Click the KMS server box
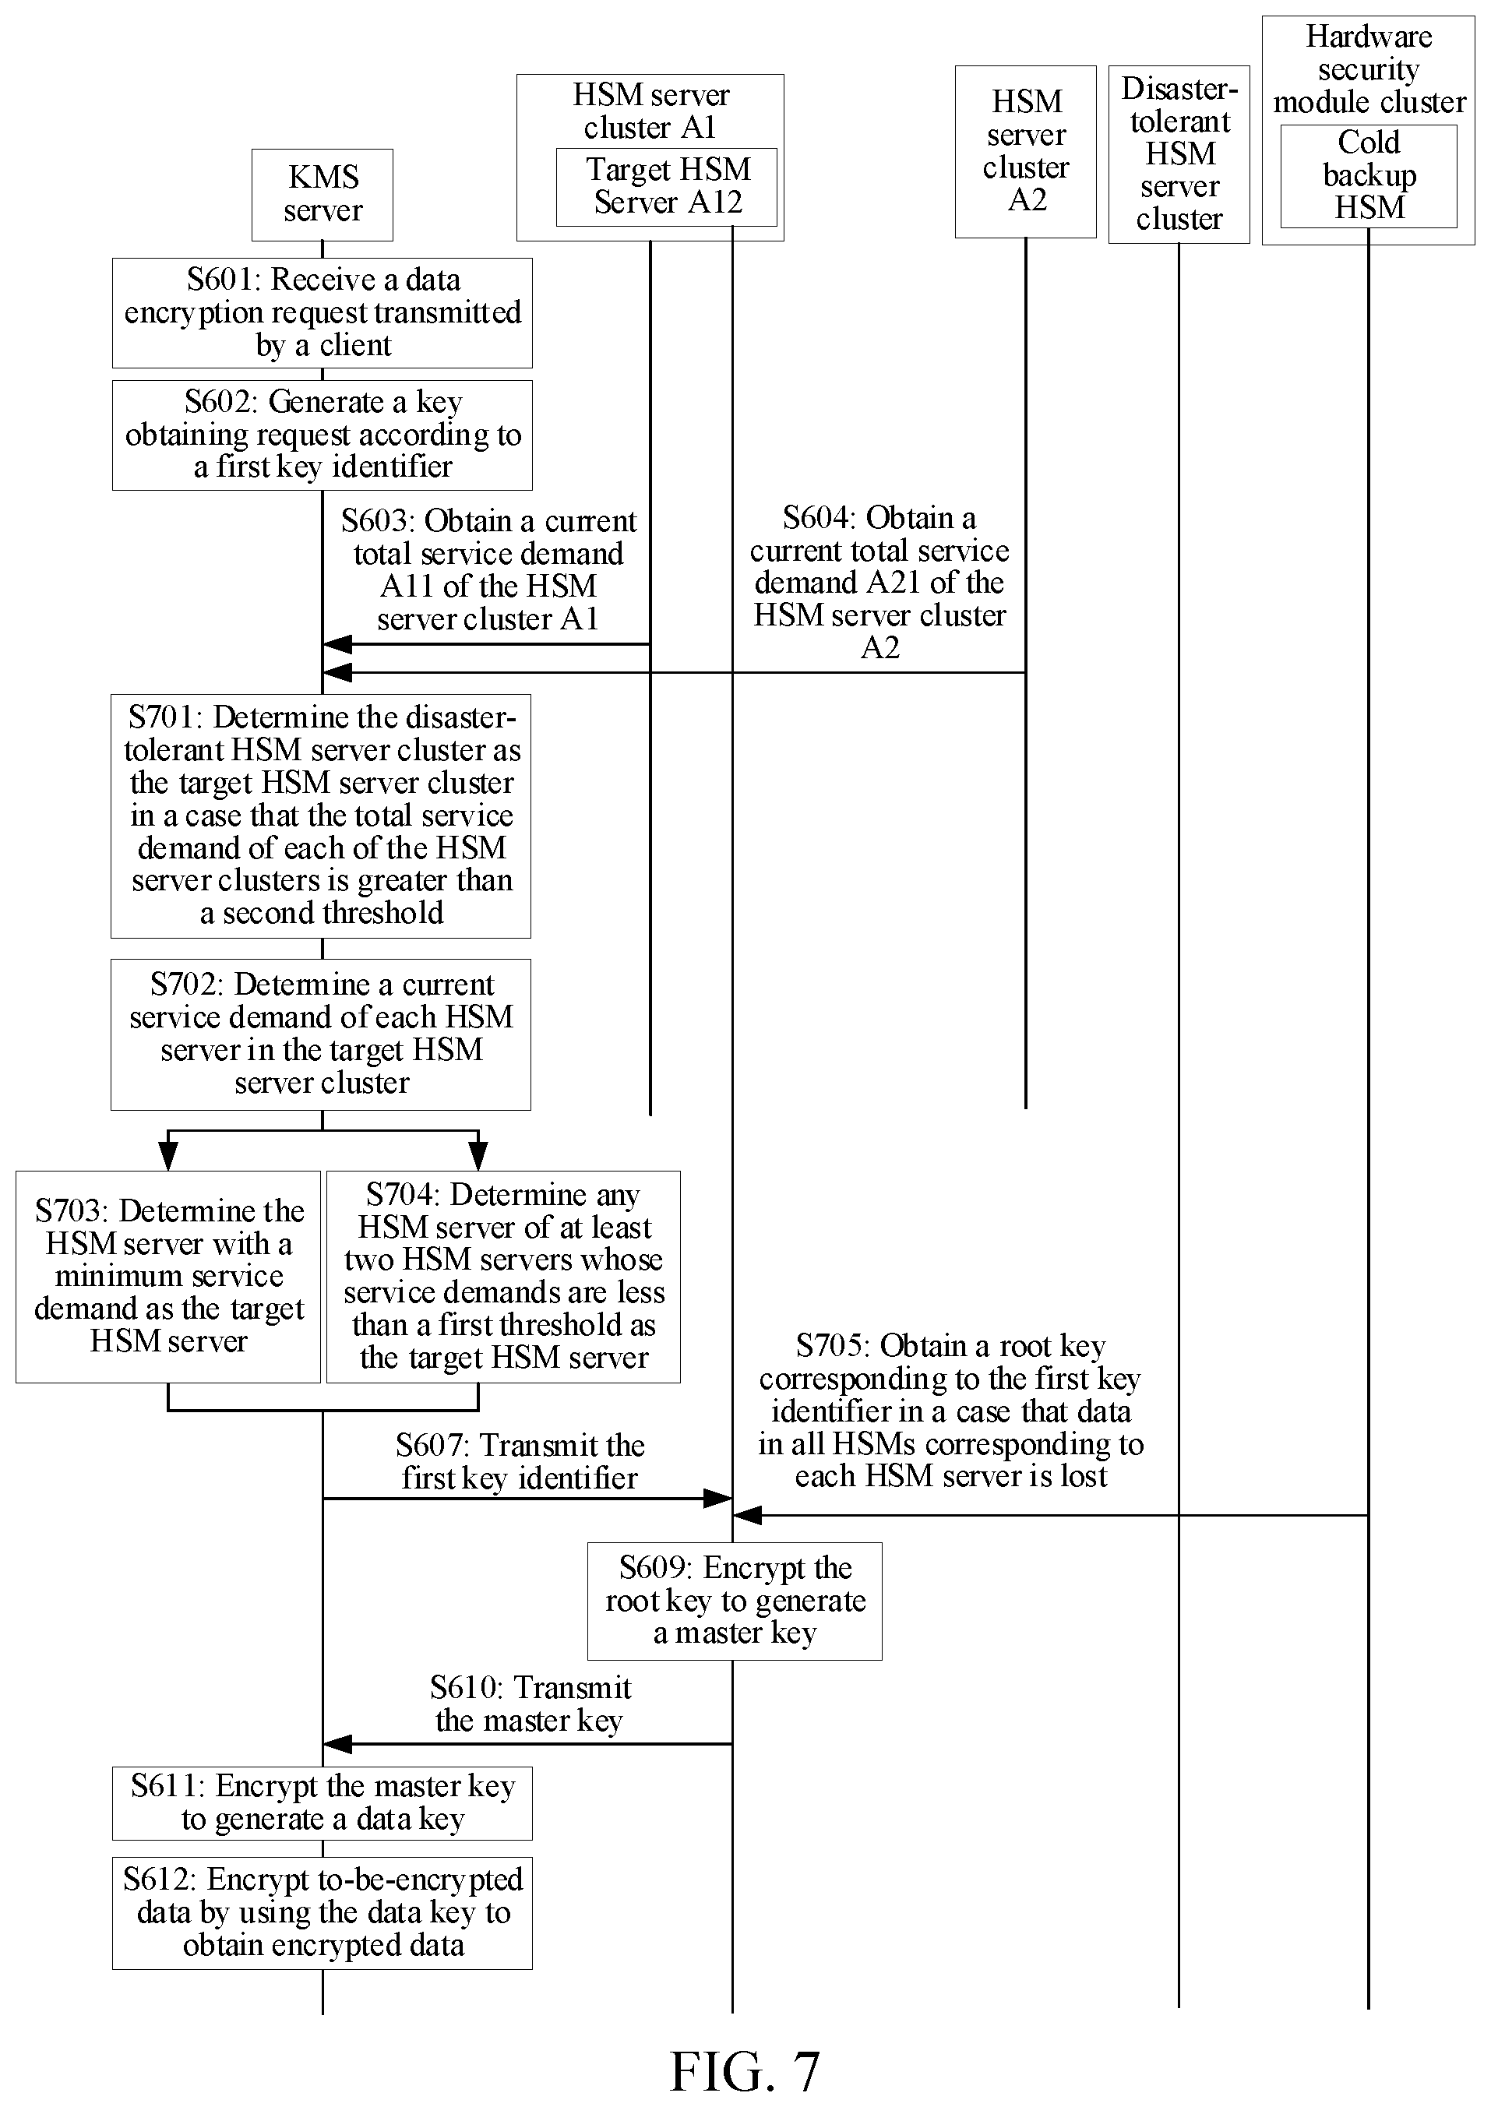click(323, 195)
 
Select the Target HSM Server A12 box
click(667, 186)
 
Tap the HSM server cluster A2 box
click(1025, 151)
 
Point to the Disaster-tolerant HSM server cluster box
click(1179, 154)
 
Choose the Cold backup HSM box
click(1369, 176)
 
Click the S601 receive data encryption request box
click(323, 313)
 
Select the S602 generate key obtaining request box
click(323, 435)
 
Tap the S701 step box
click(321, 816)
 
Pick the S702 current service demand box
click(321, 1034)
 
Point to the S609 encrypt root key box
click(735, 1602)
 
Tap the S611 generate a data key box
click(323, 1804)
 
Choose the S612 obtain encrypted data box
click(323, 1914)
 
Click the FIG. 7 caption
click(745, 2072)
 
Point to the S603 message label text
click(488, 570)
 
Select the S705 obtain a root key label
click(951, 1411)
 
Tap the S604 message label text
click(879, 583)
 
